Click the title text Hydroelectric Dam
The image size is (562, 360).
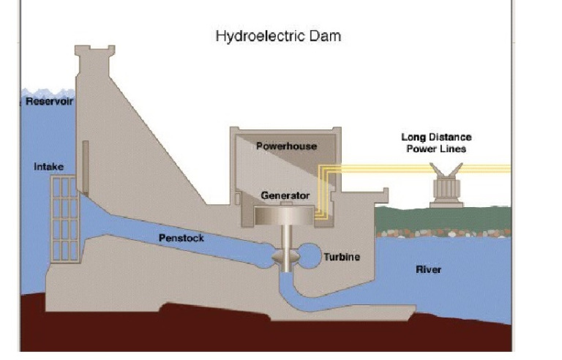pos(277,36)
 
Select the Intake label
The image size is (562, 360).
pos(49,167)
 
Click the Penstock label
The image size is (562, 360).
pos(181,238)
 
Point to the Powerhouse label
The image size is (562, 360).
pos(286,146)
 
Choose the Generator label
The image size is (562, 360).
pos(285,196)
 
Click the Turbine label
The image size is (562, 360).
pos(342,257)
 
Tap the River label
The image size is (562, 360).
pos(428,270)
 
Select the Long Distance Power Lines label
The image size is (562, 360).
pos(436,143)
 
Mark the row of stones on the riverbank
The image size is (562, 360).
pos(443,233)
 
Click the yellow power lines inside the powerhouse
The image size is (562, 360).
pos(321,192)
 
